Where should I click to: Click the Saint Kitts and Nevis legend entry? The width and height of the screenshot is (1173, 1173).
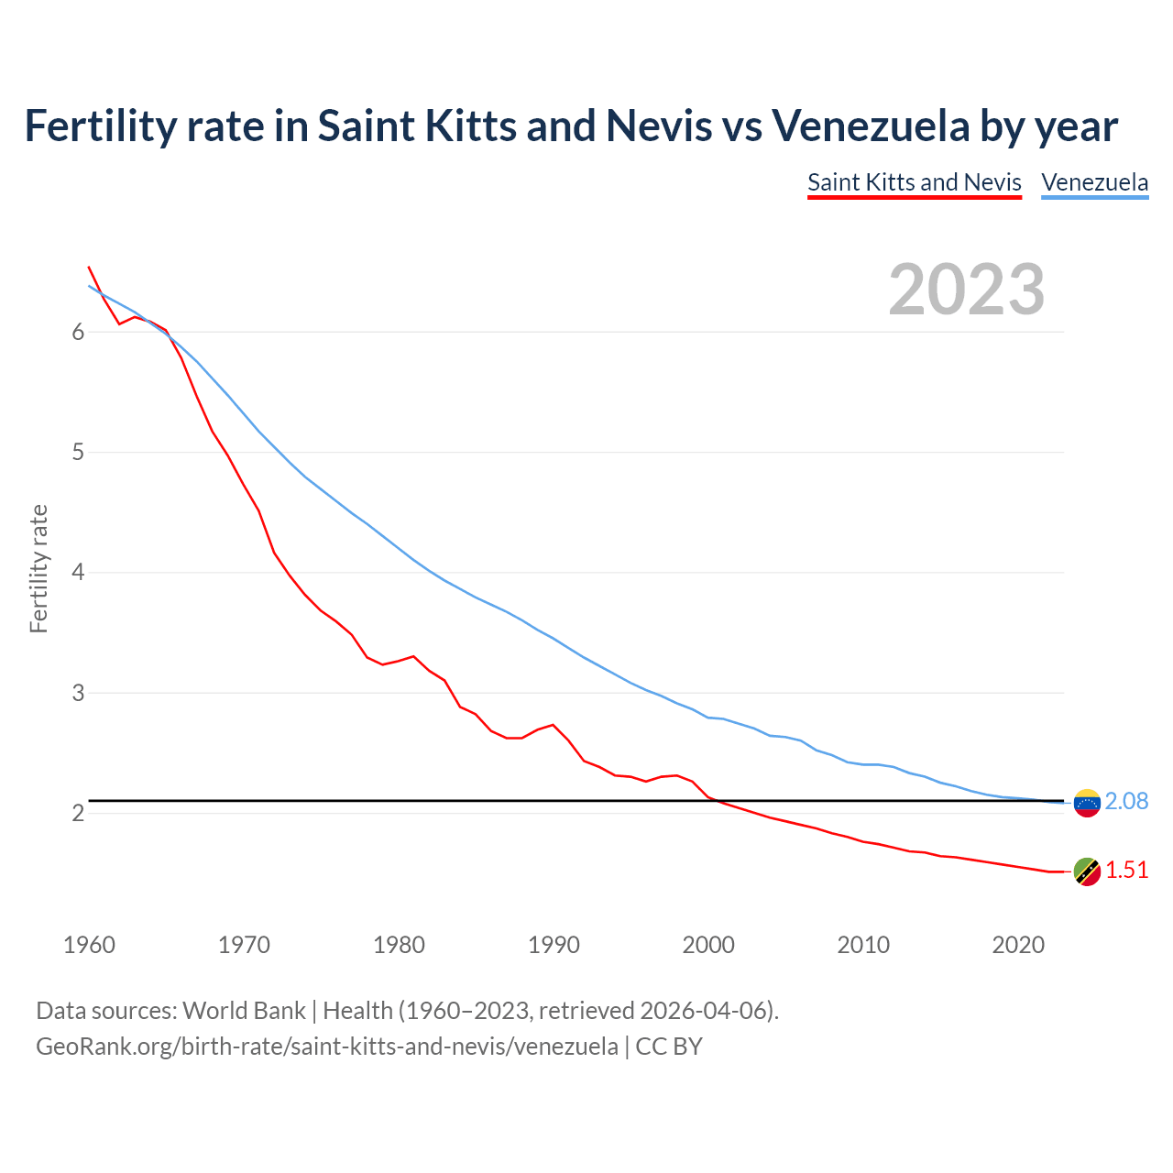click(914, 182)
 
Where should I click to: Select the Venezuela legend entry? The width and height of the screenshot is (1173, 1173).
click(1094, 182)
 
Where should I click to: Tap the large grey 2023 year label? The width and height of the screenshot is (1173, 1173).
click(966, 290)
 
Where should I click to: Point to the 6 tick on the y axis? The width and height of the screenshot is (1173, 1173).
click(78, 333)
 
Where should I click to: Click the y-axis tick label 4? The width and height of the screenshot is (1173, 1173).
click(78, 573)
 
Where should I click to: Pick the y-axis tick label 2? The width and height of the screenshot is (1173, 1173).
click(78, 814)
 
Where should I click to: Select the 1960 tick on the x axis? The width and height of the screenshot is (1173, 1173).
click(89, 945)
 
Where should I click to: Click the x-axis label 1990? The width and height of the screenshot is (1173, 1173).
click(554, 945)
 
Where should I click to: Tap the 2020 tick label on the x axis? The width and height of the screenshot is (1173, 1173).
click(1018, 945)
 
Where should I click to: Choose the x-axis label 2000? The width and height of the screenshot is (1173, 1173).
click(708, 945)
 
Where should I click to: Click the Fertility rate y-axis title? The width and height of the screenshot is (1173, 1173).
click(38, 568)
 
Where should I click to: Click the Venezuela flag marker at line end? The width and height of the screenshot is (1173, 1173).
click(1087, 803)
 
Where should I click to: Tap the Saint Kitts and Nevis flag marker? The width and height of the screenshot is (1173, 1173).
click(1087, 872)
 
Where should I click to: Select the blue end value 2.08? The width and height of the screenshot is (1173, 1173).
click(1126, 802)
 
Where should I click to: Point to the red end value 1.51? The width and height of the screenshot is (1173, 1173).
click(1126, 871)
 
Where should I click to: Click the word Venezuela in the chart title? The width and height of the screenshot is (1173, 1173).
click(871, 126)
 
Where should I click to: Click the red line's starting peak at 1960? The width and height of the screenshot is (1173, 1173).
click(89, 268)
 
